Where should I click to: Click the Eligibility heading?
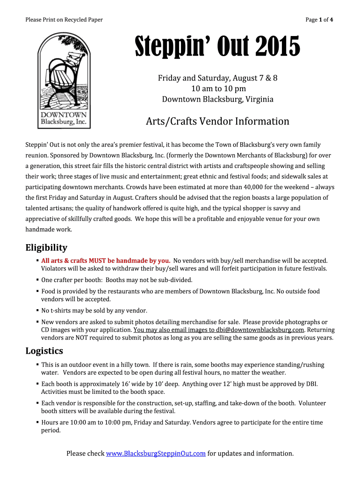46,247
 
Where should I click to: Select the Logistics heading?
44,351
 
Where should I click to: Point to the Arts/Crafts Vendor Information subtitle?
217,122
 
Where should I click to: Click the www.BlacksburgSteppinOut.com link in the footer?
156,453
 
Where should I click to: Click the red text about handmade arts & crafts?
106,261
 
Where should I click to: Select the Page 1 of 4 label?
319,20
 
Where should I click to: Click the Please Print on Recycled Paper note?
64,20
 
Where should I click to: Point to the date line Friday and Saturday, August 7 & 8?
217,78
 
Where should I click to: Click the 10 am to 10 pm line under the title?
217,89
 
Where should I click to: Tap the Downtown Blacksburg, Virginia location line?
217,99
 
